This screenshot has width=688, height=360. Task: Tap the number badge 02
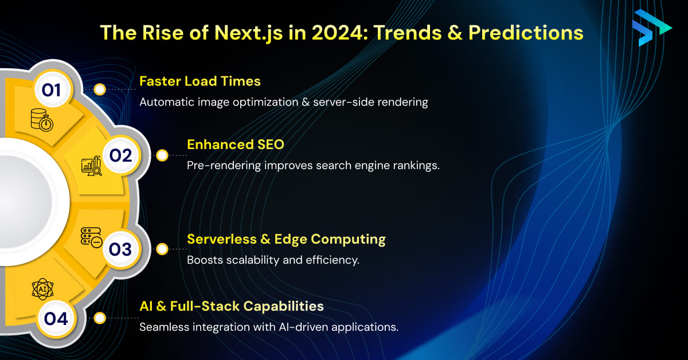click(120, 155)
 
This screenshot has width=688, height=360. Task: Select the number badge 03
click(120, 249)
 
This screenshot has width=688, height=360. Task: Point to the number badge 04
click(56, 318)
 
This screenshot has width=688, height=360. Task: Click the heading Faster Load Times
click(200, 81)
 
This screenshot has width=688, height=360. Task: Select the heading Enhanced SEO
click(235, 144)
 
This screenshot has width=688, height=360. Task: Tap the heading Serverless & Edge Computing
click(286, 239)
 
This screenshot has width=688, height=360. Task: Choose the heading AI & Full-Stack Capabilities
click(231, 306)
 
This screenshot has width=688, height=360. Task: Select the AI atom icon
click(43, 289)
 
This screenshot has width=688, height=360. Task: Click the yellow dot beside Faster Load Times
click(100, 89)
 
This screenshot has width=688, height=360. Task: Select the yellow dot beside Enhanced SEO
click(162, 155)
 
